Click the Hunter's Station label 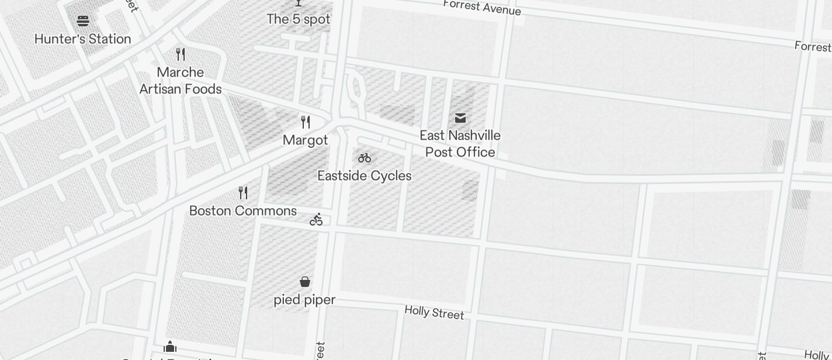82,39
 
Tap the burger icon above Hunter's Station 83,21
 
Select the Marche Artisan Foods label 181,81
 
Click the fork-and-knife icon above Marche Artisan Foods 181,54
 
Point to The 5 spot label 299,19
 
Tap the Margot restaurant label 305,140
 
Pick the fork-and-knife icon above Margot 305,122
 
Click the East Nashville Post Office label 460,144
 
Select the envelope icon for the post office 460,118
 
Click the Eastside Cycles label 365,176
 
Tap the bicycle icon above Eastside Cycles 365,158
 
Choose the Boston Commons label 243,211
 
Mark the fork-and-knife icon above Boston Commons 243,193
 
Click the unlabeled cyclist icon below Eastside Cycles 316,220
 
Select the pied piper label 304,300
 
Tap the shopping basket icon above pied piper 305,282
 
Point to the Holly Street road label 434,313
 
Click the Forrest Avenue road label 482,8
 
